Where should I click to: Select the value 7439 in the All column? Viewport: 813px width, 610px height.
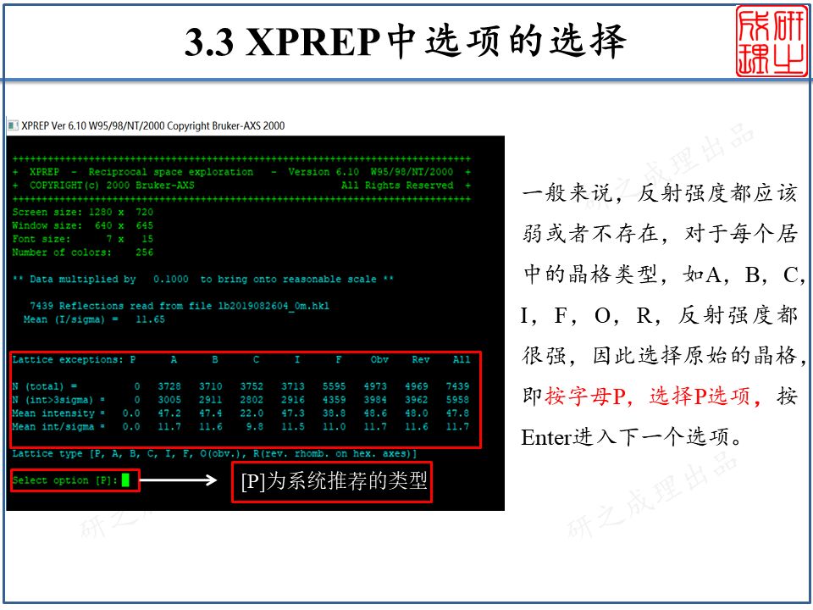457,386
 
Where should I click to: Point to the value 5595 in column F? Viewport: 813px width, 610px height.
335,386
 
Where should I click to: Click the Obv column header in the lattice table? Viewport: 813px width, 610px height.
379,360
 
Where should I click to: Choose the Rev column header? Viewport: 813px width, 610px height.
420,360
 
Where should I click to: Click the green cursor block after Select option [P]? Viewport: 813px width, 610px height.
125,480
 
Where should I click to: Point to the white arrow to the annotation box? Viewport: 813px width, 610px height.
183,481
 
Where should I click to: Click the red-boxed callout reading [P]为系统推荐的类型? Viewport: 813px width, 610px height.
332,481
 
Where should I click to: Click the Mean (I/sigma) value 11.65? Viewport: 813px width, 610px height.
150,319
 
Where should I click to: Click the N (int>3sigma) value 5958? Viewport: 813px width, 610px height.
457,400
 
